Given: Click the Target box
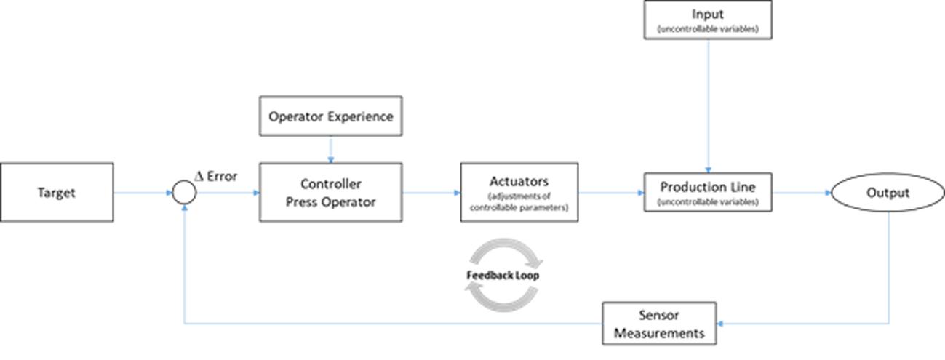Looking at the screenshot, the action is (x=57, y=192).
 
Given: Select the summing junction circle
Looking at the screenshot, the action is (x=184, y=193).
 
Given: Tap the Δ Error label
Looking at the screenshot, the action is (x=216, y=176).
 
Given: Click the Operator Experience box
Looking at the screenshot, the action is (x=331, y=116).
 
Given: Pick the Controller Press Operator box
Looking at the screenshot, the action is (x=331, y=192).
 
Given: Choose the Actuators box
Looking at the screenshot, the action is (x=519, y=192).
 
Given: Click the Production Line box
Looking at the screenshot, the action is (x=708, y=192).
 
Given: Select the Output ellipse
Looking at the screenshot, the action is (x=888, y=193).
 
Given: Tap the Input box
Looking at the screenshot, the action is (x=708, y=20).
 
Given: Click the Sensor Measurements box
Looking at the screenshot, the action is (x=659, y=324).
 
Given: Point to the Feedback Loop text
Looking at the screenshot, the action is (x=503, y=275).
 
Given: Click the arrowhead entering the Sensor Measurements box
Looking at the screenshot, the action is (x=720, y=324).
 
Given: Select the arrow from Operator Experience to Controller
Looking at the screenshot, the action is (x=331, y=149).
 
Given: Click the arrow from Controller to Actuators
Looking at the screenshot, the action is (x=431, y=193).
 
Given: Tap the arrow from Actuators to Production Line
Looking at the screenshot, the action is (x=611, y=193).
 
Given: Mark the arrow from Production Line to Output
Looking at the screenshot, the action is (x=802, y=193).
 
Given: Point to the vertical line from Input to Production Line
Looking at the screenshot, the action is (x=709, y=106).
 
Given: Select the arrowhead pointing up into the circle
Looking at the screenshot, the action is (x=184, y=208).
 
